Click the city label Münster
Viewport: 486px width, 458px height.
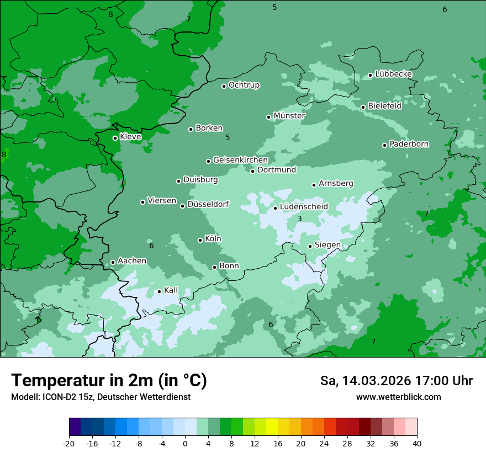(x=289, y=116)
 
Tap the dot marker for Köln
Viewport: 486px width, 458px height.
(x=200, y=240)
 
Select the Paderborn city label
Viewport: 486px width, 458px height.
(x=409, y=144)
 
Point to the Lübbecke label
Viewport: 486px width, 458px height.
(x=393, y=74)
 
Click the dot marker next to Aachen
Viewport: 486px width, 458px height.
(x=113, y=263)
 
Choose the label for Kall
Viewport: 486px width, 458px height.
(x=171, y=290)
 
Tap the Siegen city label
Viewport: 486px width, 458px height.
(x=327, y=245)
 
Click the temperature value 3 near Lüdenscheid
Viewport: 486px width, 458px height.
(x=299, y=219)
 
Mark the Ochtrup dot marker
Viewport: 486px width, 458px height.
(x=224, y=86)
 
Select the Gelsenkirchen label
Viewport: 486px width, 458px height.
(x=240, y=160)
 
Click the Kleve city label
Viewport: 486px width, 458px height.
(x=130, y=137)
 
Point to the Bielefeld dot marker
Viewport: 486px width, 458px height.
(x=363, y=107)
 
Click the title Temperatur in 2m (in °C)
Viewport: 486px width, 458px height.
(x=109, y=381)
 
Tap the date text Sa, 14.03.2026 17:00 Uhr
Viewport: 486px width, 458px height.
(x=396, y=381)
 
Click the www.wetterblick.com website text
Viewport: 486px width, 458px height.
(x=398, y=397)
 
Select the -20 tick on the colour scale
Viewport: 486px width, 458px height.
(x=69, y=444)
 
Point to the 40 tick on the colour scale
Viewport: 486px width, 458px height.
(x=417, y=444)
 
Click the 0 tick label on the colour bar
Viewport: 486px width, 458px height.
(x=185, y=444)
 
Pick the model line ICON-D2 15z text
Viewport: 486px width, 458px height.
(x=101, y=397)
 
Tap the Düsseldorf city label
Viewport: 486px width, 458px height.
(x=208, y=205)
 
